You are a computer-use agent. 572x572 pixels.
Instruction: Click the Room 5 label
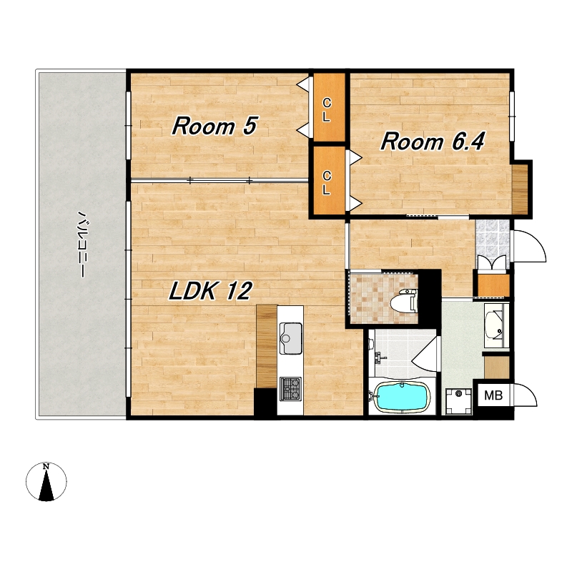(x=215, y=126)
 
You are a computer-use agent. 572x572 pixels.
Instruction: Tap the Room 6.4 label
(x=433, y=142)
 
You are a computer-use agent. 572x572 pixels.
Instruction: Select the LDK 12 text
(x=210, y=291)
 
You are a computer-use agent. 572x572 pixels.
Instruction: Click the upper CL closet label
(x=327, y=110)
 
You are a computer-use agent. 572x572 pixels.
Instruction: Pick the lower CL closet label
(x=327, y=183)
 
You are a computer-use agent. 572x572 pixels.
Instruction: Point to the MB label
(x=493, y=395)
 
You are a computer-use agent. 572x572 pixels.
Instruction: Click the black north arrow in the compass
(x=46, y=485)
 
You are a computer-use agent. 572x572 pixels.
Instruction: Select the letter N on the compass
(x=46, y=466)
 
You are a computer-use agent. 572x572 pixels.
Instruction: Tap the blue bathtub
(x=403, y=397)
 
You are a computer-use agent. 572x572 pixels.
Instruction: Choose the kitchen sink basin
(x=291, y=338)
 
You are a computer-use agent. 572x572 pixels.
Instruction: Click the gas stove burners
(x=291, y=389)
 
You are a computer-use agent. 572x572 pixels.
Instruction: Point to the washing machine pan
(x=458, y=401)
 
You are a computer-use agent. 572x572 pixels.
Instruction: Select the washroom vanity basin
(x=494, y=325)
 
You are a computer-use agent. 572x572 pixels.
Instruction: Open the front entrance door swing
(x=529, y=246)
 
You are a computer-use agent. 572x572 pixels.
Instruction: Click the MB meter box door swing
(x=525, y=395)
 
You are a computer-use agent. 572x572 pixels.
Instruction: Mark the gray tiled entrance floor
(x=493, y=237)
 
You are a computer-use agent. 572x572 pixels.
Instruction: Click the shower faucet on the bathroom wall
(x=380, y=358)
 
